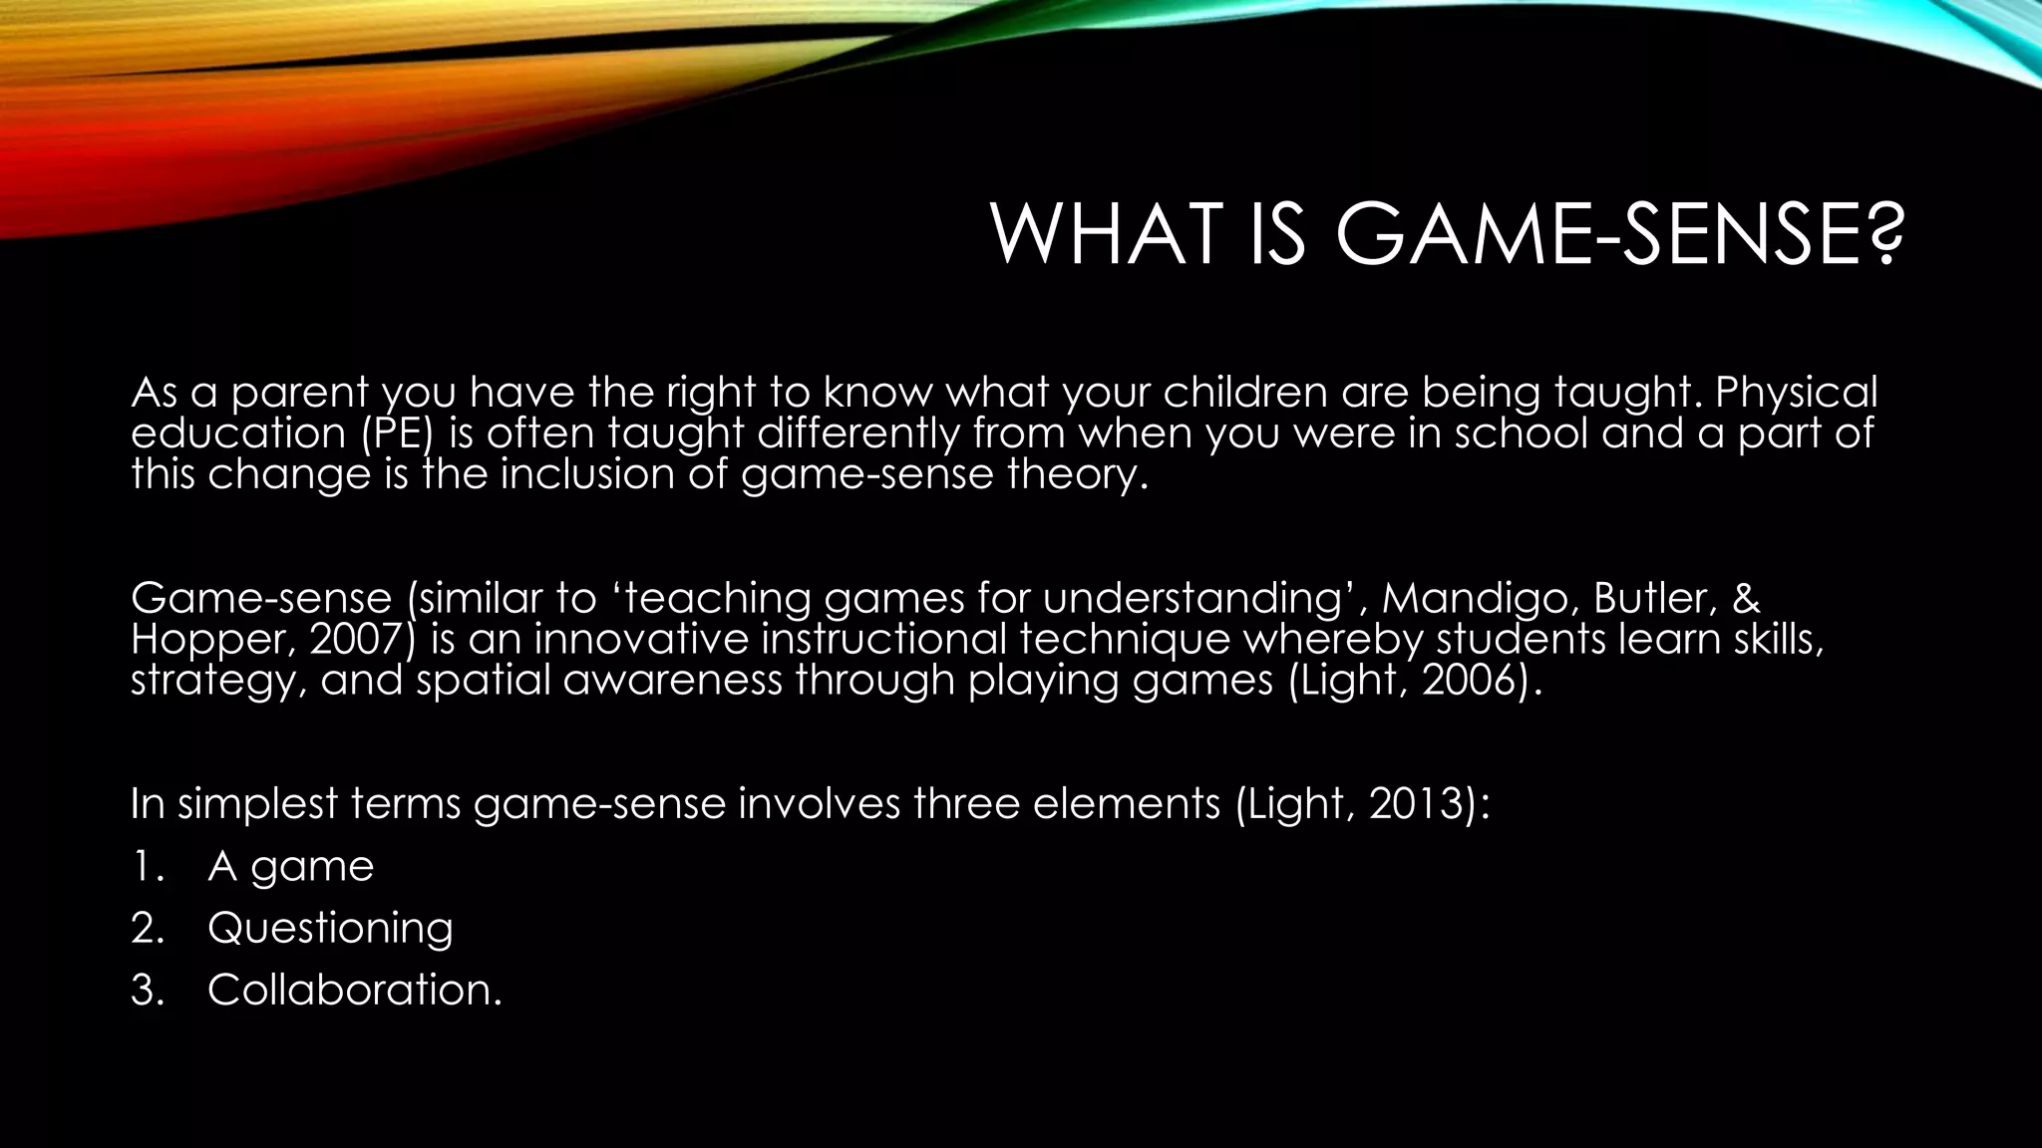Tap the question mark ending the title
pos(1880,235)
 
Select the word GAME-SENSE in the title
pos(1595,235)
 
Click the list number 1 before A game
pos(145,867)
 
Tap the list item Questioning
pos(330,929)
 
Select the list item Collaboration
pos(354,991)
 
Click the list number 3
pos(146,991)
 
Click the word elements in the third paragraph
pos(1126,804)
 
